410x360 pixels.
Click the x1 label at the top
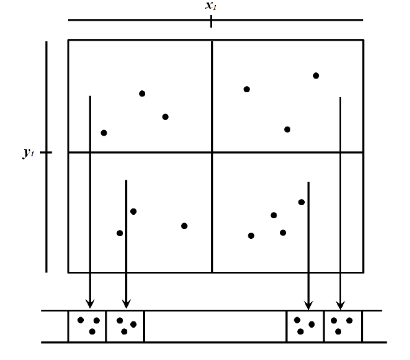pyautogui.click(x=211, y=6)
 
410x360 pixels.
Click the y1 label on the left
pyautogui.click(x=28, y=153)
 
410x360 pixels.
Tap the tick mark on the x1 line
pyautogui.click(x=211, y=21)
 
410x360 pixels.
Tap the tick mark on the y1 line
pyautogui.click(x=46, y=152)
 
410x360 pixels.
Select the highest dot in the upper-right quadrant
pyautogui.click(x=316, y=76)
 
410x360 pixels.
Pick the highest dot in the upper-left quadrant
pyautogui.click(x=142, y=94)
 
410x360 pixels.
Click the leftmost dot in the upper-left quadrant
pyautogui.click(x=104, y=133)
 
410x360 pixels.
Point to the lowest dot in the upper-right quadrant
pyautogui.click(x=287, y=129)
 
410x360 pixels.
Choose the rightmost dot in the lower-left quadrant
pyautogui.click(x=184, y=226)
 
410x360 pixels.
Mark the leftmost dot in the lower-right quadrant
pyautogui.click(x=251, y=236)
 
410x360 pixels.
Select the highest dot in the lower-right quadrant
pyautogui.click(x=301, y=202)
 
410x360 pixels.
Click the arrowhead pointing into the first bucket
pyautogui.click(x=90, y=304)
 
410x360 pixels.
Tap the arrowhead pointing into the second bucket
pyautogui.click(x=127, y=304)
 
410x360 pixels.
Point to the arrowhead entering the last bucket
pyautogui.click(x=341, y=306)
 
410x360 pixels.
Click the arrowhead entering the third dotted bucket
pyautogui.click(x=309, y=306)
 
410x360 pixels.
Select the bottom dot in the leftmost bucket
pyautogui.click(x=92, y=332)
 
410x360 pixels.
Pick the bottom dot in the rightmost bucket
pyautogui.click(x=338, y=332)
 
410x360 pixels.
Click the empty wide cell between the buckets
pyautogui.click(x=215, y=326)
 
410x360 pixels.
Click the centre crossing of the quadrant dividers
pyautogui.click(x=212, y=152)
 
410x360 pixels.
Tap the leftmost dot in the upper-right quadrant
pyautogui.click(x=246, y=89)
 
